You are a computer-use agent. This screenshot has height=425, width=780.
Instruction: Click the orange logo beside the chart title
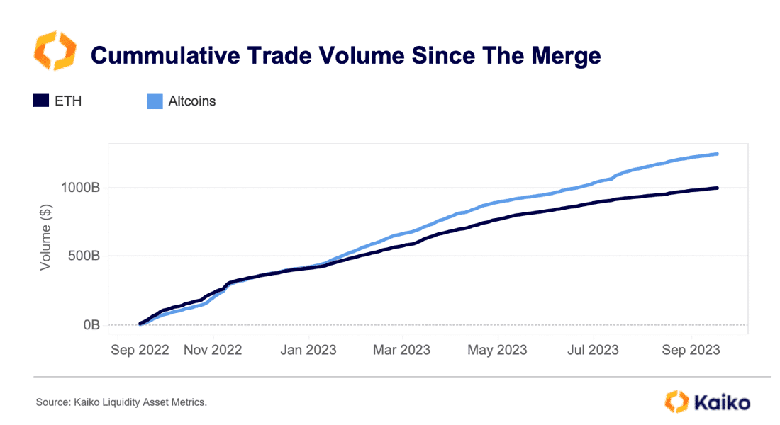coord(55,50)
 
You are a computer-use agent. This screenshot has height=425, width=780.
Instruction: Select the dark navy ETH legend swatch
coord(41,101)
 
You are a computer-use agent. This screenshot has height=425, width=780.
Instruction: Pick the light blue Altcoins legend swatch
coord(155,101)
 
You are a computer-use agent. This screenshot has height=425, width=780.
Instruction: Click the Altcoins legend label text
coord(192,101)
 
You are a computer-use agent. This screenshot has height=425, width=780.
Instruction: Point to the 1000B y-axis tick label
coord(81,188)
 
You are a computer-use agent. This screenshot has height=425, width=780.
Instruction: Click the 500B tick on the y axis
coord(84,256)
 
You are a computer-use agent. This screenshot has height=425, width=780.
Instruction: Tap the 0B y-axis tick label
coord(91,324)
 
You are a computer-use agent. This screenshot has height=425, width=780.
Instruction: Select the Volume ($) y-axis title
coord(46,237)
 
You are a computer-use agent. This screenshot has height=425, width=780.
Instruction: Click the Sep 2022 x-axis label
coord(140,350)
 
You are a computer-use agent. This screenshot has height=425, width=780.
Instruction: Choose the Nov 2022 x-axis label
coord(213,350)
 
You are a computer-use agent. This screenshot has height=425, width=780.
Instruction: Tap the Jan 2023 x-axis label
coord(308,350)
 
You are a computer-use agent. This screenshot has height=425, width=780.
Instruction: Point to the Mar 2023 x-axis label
coord(401,350)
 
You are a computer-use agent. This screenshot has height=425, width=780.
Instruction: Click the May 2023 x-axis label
coord(497,350)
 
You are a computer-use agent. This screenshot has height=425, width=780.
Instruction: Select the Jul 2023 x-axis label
coord(593,350)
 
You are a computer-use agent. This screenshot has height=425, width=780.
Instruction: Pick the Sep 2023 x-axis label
coord(691,350)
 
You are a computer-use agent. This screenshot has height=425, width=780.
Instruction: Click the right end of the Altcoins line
coord(717,154)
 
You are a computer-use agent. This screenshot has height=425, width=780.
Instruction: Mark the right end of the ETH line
coord(717,188)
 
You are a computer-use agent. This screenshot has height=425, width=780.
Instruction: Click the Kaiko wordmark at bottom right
coord(723,402)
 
